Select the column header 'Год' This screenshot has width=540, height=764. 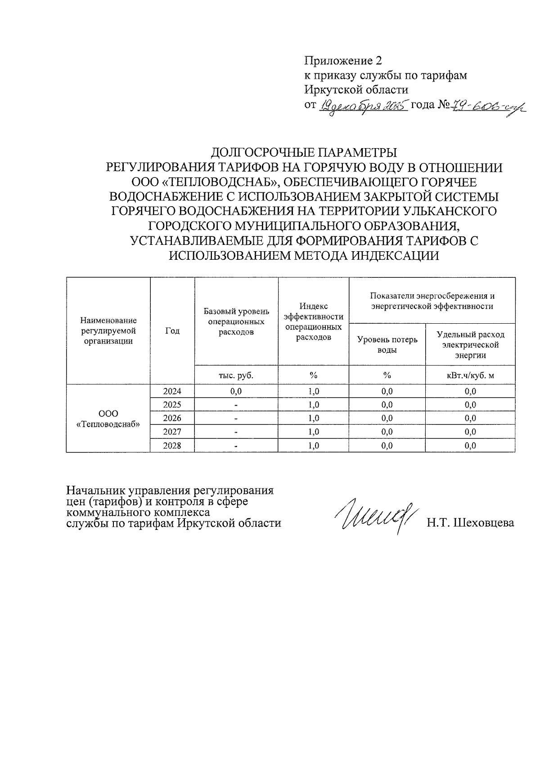(x=172, y=331)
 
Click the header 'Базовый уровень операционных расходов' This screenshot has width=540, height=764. (x=236, y=321)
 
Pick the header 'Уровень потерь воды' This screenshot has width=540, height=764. (x=387, y=344)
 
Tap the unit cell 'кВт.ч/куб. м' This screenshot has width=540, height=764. (x=470, y=375)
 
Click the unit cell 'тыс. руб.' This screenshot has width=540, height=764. (x=236, y=375)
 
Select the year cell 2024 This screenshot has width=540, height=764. (x=172, y=391)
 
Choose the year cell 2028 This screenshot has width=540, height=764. (x=172, y=446)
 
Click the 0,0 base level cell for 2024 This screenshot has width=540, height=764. (x=236, y=391)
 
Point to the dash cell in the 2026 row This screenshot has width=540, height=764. (x=236, y=419)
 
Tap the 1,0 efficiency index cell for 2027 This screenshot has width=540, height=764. (x=314, y=432)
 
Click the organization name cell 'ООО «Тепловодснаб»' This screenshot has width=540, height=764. (x=108, y=419)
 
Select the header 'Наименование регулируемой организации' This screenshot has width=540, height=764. (x=108, y=331)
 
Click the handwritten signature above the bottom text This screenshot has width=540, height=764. (x=377, y=515)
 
